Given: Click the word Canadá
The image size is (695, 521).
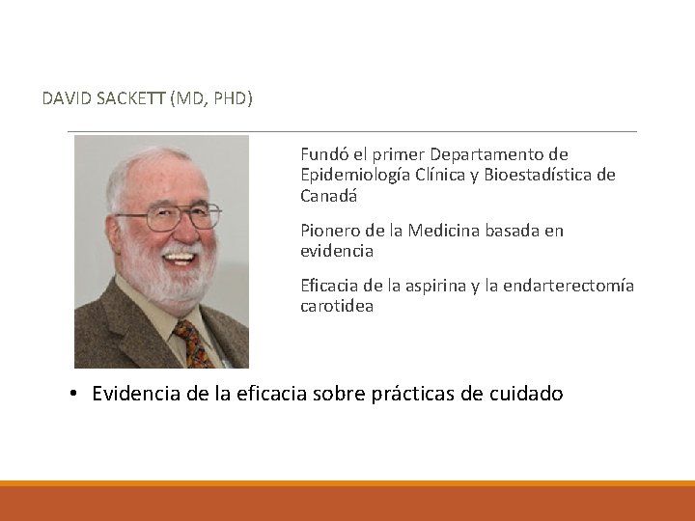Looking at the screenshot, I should coord(328,195).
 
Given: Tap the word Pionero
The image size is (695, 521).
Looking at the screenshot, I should coord(328,231).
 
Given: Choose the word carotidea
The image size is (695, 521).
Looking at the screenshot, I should coord(336,306).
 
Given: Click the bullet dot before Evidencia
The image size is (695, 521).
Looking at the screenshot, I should coord(73,395).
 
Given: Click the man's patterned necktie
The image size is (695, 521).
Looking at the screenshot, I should coord(193,345).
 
